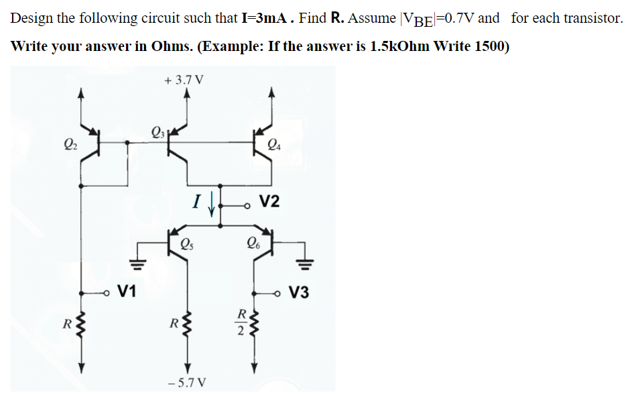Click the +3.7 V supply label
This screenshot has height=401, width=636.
tap(184, 80)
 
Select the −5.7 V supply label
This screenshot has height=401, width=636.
tap(188, 382)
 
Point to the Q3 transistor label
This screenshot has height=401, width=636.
tap(157, 131)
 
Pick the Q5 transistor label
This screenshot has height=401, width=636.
tap(188, 243)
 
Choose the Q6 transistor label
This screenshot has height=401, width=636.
tap(253, 243)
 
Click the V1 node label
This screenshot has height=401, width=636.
tap(125, 292)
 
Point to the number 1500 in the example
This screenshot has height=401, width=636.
tap(492, 46)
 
